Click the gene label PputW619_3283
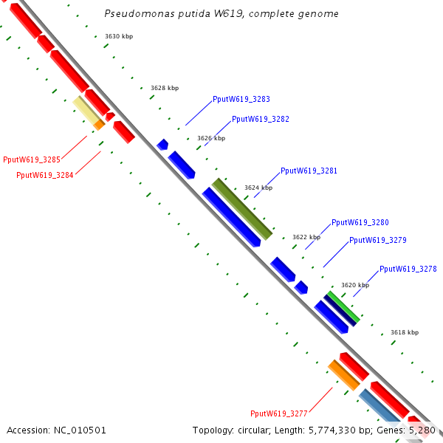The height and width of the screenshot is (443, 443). coord(241,99)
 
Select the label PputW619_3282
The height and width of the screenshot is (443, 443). coord(261,119)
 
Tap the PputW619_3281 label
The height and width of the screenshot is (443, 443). coord(309,171)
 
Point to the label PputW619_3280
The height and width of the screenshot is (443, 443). coord(360,222)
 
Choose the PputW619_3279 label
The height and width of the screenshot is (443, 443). coord(378,240)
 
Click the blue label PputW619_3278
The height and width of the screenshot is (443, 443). coord(408,269)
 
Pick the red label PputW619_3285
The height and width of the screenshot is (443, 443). coord(32,159)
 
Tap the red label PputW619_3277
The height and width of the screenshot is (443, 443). coord(279,413)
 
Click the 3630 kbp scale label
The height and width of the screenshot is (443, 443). coord(119,36)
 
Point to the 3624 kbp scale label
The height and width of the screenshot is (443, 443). coord(258,188)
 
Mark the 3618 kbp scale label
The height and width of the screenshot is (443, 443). coord(405,333)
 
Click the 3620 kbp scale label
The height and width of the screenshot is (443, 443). coord(355,285)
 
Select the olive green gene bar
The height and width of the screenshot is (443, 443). coord(242,209)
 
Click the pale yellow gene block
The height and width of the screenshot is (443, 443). coord(86,110)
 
